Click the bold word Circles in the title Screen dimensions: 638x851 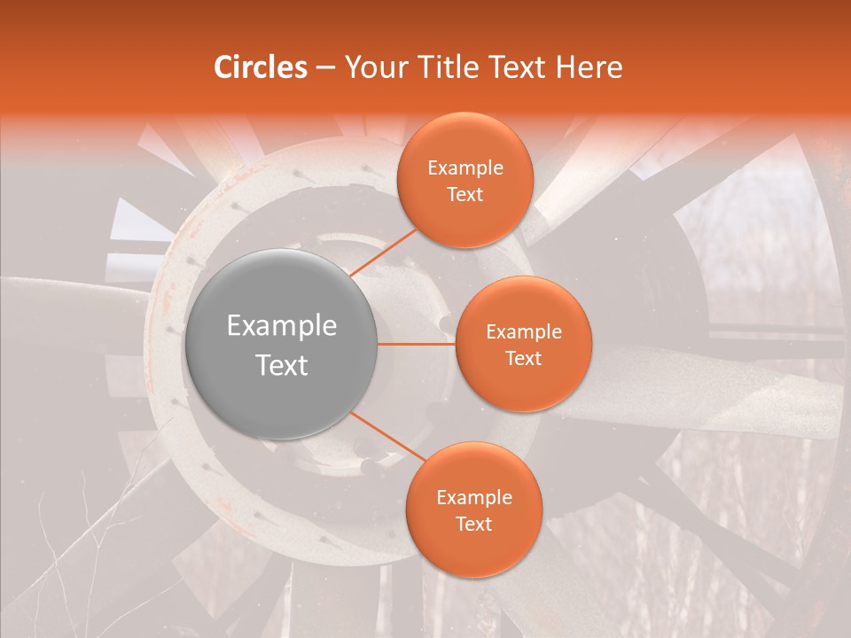pos(261,67)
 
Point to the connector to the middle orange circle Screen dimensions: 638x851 pos(417,344)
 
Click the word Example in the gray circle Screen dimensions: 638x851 pos(282,326)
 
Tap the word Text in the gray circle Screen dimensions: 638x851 pos(282,365)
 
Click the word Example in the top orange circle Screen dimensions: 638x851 pos(465,168)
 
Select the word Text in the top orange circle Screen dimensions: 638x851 pos(465,194)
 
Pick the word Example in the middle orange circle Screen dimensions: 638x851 pos(524,332)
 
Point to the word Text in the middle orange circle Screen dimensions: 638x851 pos(524,358)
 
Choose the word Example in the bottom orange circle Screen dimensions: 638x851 pos(474,498)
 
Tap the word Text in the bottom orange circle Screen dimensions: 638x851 pos(474,524)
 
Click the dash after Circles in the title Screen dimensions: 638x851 pos(325,68)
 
